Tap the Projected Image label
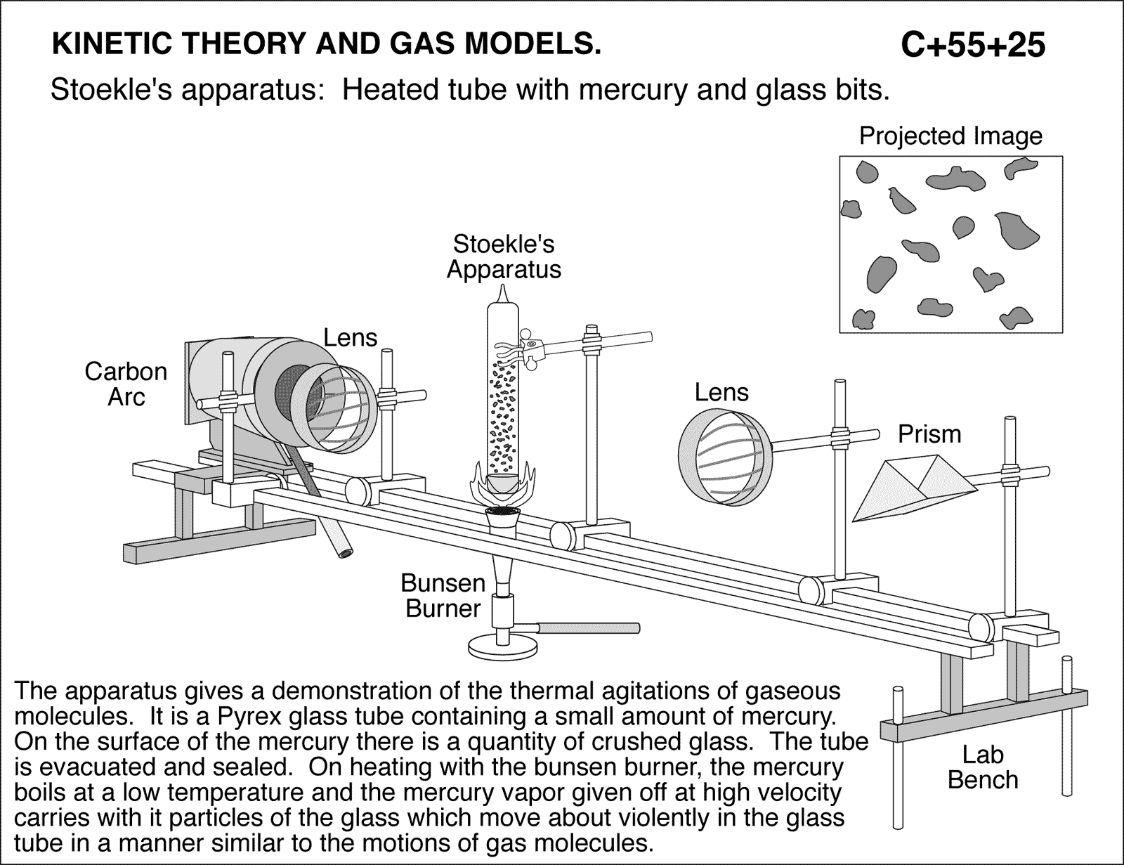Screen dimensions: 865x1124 tap(950, 136)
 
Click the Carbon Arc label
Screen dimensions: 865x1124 tap(126, 384)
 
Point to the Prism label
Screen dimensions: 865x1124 tap(929, 434)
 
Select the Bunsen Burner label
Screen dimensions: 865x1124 tap(443, 595)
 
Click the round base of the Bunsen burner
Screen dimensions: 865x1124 tap(504, 646)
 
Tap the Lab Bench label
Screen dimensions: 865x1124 tap(982, 767)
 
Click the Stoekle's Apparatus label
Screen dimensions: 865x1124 tap(504, 256)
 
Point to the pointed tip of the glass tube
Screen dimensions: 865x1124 tap(504, 291)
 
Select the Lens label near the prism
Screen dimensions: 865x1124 tap(721, 392)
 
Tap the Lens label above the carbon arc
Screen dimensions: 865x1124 tap(350, 338)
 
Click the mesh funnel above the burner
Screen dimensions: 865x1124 tap(502, 519)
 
